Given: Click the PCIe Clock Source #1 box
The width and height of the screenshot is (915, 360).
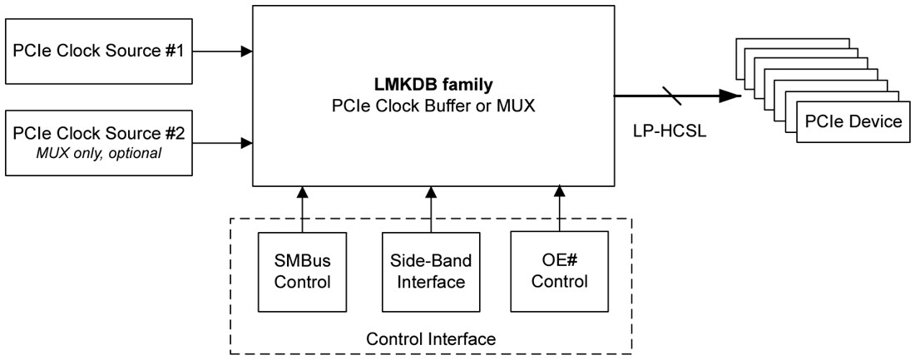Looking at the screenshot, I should [x=99, y=52].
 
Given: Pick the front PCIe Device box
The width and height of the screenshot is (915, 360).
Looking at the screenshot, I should [x=853, y=123].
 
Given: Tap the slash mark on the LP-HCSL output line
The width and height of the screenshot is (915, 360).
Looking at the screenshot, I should [x=675, y=96].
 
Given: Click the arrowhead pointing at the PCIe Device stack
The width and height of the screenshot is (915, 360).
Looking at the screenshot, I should [x=731, y=96].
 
